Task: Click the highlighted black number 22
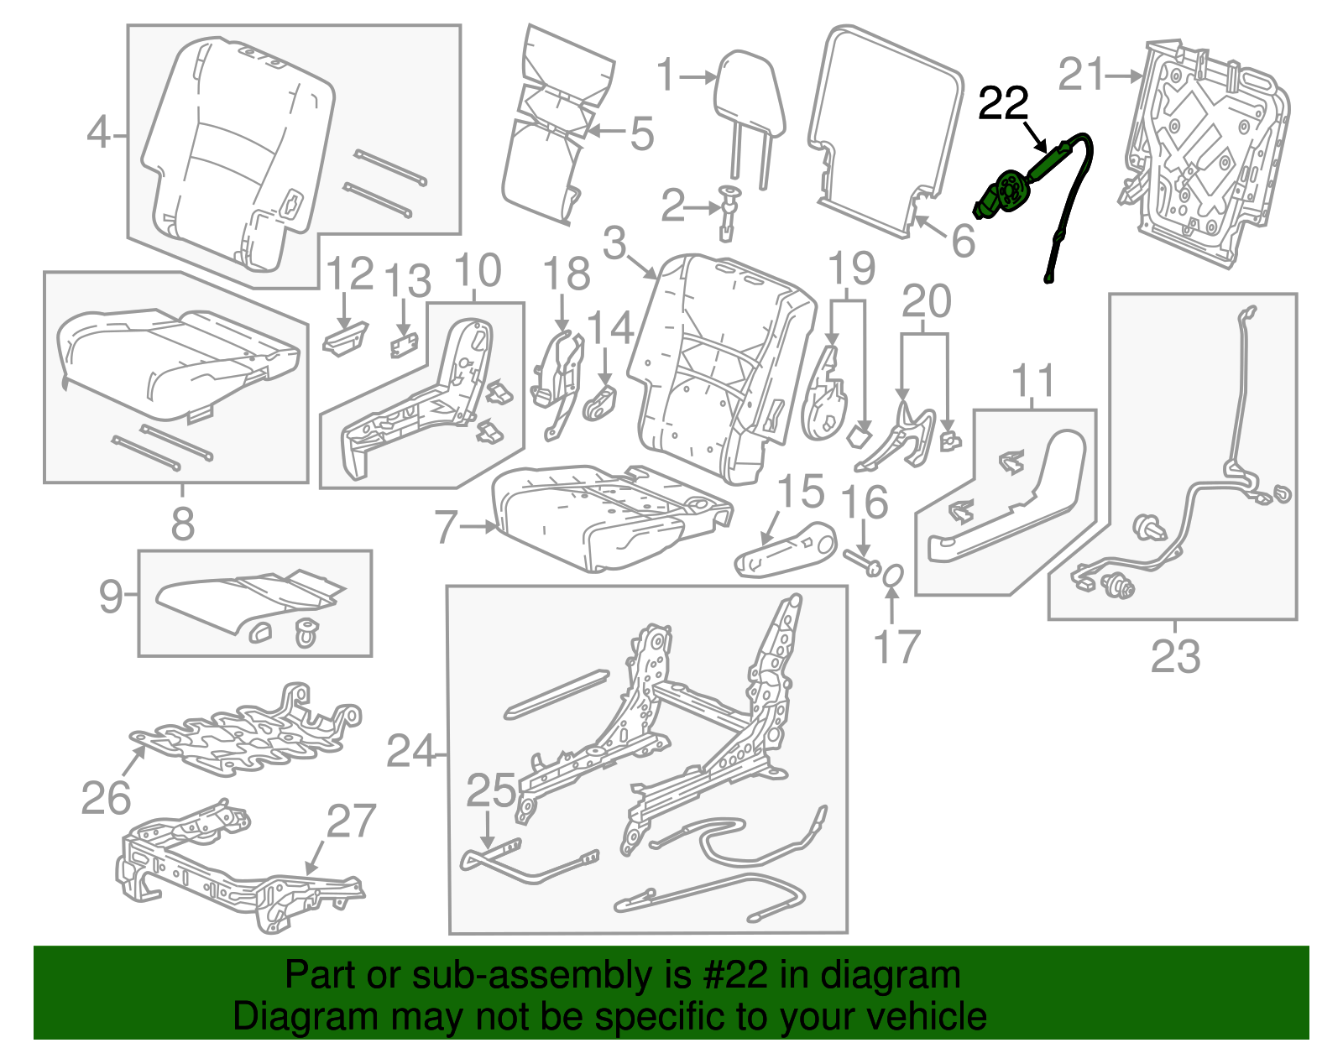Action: (x=1003, y=104)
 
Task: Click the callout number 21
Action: (x=1080, y=75)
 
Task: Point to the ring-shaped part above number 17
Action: (x=893, y=575)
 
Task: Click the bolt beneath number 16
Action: (x=860, y=561)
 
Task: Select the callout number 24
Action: (x=410, y=751)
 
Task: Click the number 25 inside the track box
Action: (x=491, y=790)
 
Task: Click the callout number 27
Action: (x=350, y=821)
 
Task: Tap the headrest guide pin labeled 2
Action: (x=727, y=210)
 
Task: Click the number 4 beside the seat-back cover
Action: (x=99, y=133)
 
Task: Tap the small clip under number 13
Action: (x=404, y=345)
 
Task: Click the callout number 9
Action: (x=110, y=597)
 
